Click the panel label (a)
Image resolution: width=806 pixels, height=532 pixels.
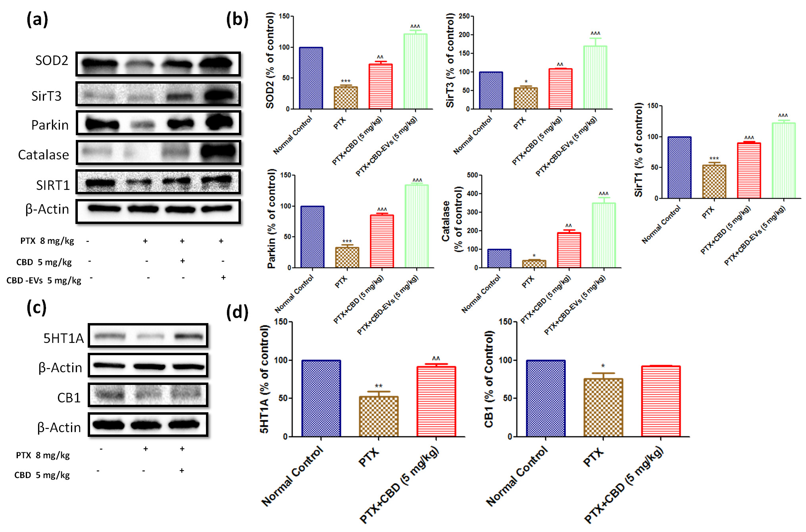[37, 19]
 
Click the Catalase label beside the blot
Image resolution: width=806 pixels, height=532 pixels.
[44, 155]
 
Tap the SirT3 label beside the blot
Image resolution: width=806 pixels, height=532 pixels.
[46, 96]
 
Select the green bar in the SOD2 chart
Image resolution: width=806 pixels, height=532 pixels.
[415, 71]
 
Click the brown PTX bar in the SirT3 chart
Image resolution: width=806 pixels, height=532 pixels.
[525, 98]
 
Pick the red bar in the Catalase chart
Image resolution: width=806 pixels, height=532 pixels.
[569, 250]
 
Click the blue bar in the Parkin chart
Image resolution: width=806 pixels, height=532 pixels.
[312, 237]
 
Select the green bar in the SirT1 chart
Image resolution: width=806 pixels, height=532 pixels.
[783, 161]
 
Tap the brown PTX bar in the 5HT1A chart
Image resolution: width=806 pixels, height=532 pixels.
[379, 417]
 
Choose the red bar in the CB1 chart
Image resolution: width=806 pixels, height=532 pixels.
[661, 401]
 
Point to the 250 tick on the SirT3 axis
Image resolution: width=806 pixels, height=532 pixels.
[464, 16]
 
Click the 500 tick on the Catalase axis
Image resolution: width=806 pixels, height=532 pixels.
[472, 175]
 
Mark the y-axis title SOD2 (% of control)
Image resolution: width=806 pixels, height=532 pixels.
[270, 60]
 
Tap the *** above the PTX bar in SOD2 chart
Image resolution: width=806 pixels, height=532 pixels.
[346, 82]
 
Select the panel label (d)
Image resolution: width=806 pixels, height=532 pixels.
[237, 312]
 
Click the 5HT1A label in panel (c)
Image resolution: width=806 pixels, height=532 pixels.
[63, 338]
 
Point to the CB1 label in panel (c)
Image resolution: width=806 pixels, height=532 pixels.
[69, 398]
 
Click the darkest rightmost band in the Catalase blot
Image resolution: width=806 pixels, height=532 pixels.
[217, 151]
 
